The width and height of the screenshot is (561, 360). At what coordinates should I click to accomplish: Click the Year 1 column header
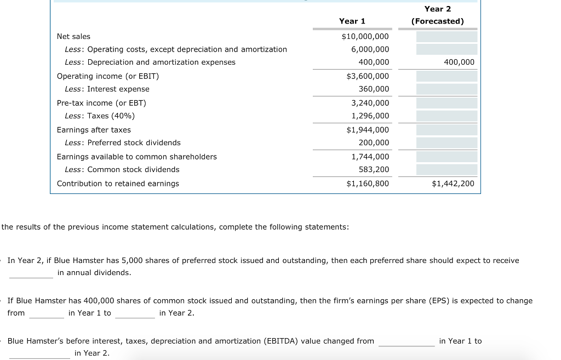click(x=352, y=21)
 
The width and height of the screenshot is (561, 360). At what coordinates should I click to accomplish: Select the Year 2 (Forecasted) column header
click(x=437, y=15)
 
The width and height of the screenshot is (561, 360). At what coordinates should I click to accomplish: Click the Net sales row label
click(x=73, y=36)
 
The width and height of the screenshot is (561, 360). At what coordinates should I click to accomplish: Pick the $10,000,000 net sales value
click(x=365, y=36)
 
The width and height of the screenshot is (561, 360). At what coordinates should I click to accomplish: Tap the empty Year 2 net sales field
click(x=446, y=37)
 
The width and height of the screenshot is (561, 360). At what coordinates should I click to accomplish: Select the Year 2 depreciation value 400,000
click(x=459, y=62)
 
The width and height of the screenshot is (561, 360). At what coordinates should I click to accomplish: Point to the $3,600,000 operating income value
click(x=368, y=76)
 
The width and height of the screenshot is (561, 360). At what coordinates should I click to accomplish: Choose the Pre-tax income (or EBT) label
click(x=101, y=103)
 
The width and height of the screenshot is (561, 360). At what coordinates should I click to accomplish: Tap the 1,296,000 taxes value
click(x=370, y=116)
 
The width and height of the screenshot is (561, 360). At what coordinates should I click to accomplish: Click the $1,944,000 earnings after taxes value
click(x=368, y=130)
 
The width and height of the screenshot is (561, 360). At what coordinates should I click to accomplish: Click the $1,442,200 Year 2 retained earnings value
click(x=453, y=184)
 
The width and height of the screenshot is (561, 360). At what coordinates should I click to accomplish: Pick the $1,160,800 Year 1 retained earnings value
click(x=368, y=184)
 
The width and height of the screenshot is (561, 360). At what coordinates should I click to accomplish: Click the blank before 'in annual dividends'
click(x=31, y=273)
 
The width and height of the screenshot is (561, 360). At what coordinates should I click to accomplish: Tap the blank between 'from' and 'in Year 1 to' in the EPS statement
click(x=47, y=313)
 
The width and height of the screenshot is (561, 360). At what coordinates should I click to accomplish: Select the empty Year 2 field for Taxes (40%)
click(x=446, y=116)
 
